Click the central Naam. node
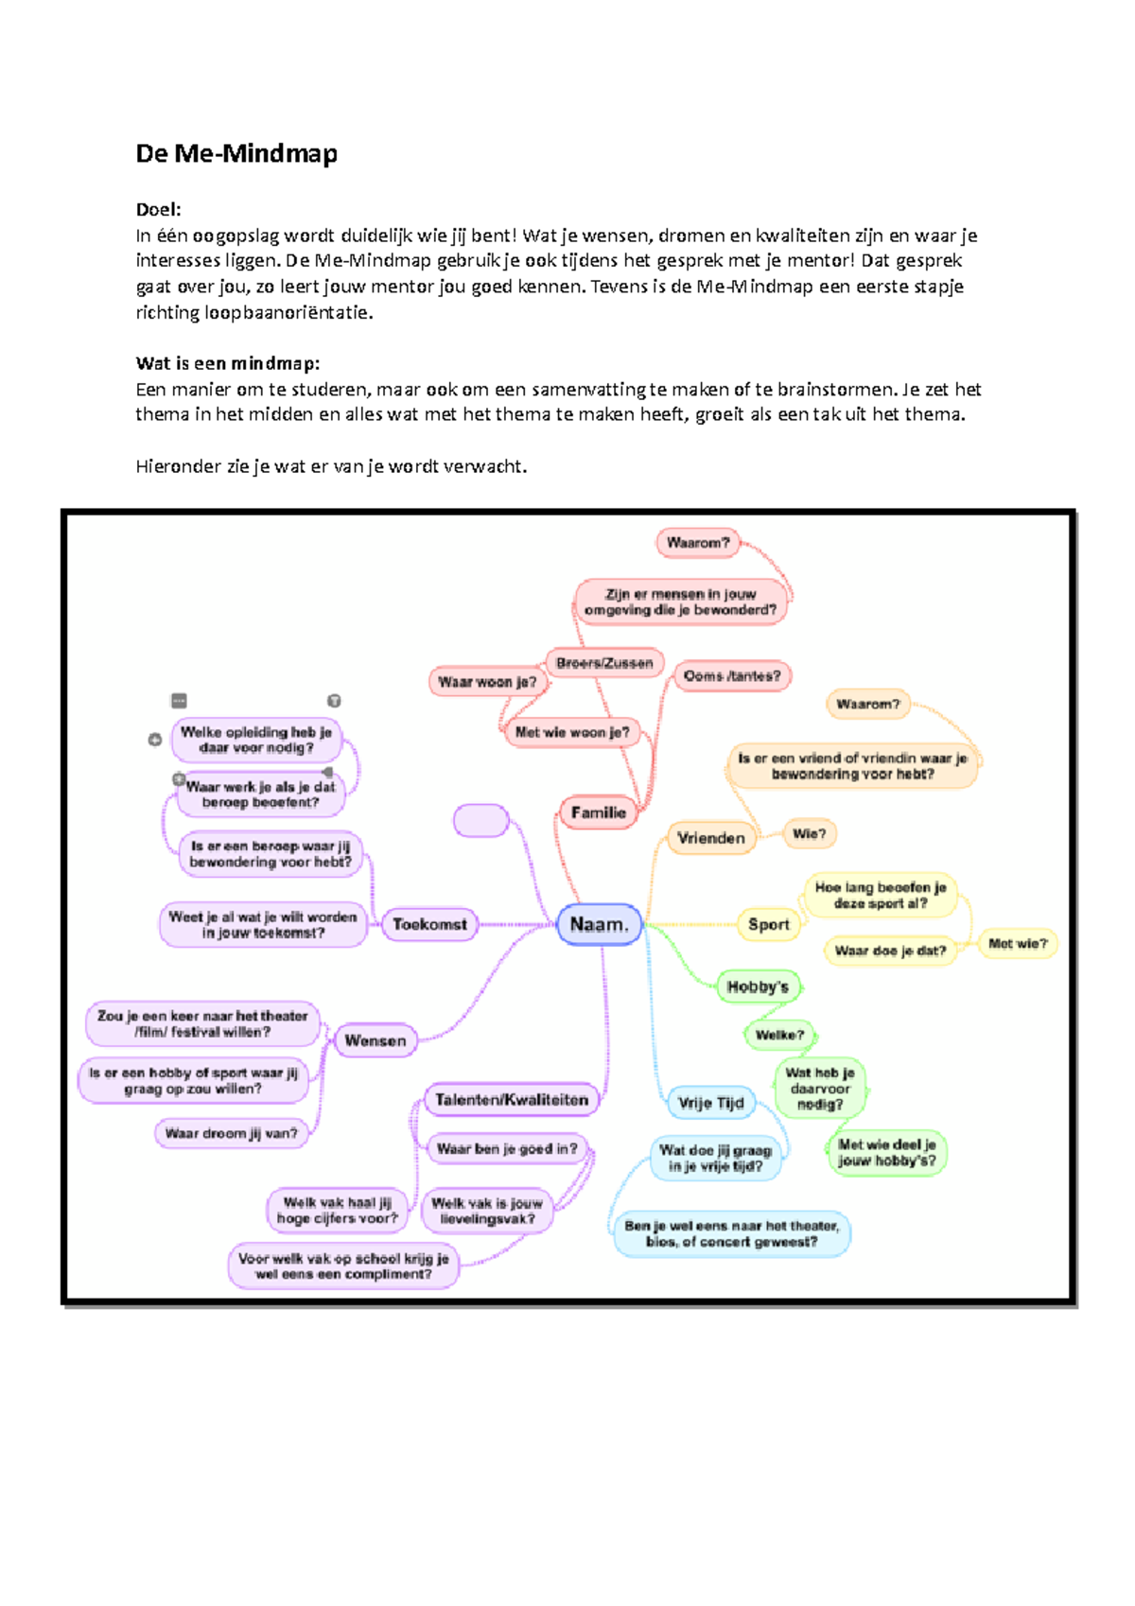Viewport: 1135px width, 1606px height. pos(600,925)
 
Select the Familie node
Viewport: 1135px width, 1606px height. pos(598,812)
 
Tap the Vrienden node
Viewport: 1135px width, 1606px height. pos(711,838)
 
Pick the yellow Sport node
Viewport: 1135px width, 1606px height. pos(768,924)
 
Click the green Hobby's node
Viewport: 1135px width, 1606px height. pos(758,986)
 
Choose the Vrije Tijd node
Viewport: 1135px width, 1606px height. pos(711,1103)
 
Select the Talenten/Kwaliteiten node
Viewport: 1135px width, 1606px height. pos(512,1099)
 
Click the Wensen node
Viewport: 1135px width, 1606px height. pos(375,1040)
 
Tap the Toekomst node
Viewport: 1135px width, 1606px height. pos(430,924)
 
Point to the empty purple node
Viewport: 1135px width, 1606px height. pos(481,820)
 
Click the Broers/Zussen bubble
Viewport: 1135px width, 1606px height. pos(604,663)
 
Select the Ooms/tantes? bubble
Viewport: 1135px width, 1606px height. pos(732,676)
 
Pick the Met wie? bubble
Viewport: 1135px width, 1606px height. pos(1018,944)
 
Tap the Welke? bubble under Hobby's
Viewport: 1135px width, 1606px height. pos(779,1035)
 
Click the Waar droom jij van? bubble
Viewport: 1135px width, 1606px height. pos(232,1133)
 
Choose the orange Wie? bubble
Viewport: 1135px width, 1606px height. pos(809,833)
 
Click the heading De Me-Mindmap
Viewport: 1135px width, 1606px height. pos(236,153)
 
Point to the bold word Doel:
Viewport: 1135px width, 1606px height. pos(158,209)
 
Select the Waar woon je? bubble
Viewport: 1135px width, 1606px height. pos(487,682)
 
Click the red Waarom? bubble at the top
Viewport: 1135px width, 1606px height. pos(698,543)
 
